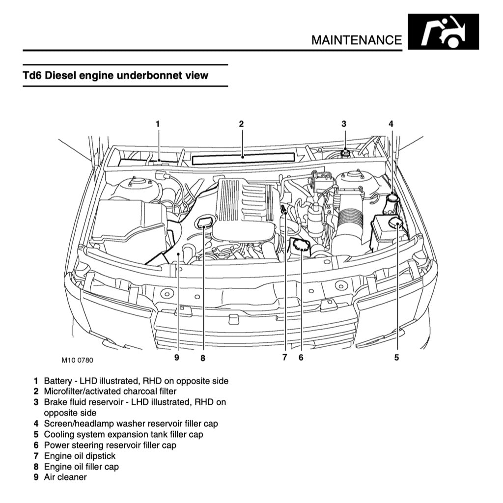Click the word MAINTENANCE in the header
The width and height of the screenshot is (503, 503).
pyautogui.click(x=356, y=39)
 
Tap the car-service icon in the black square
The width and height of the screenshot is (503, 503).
pyautogui.click(x=443, y=32)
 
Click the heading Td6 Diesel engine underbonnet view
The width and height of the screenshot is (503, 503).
pyautogui.click(x=115, y=76)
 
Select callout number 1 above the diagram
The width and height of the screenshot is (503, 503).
pyautogui.click(x=158, y=124)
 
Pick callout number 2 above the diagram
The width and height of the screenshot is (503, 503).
pyautogui.click(x=241, y=124)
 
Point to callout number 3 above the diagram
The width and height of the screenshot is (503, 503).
pyautogui.click(x=344, y=124)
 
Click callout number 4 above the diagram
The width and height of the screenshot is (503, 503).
pyautogui.click(x=391, y=124)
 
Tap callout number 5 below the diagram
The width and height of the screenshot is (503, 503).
pyautogui.click(x=396, y=358)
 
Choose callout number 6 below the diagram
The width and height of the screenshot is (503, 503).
pyautogui.click(x=301, y=358)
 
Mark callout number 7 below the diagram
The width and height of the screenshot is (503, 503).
pyautogui.click(x=284, y=358)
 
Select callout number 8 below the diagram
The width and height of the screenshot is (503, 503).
pyautogui.click(x=202, y=358)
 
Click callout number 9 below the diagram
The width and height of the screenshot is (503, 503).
pyautogui.click(x=177, y=358)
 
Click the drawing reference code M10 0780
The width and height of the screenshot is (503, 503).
pyautogui.click(x=77, y=360)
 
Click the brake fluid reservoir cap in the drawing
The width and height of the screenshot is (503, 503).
pyautogui.click(x=345, y=153)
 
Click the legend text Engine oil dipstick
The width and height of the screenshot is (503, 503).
pyautogui.click(x=80, y=456)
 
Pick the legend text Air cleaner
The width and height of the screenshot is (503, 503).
pyautogui.click(x=65, y=477)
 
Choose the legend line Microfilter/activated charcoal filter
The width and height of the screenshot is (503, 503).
pyautogui.click(x=110, y=391)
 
